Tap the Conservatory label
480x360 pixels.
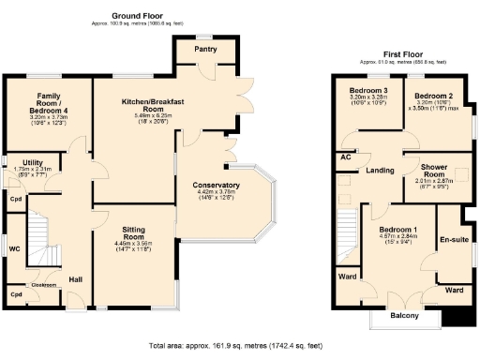coord(215,185)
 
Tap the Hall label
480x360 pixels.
coord(75,279)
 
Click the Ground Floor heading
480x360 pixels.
coord(136,16)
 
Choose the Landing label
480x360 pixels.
coord(380,170)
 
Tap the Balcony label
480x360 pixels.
coord(404,316)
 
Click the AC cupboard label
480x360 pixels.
coord(346,158)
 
